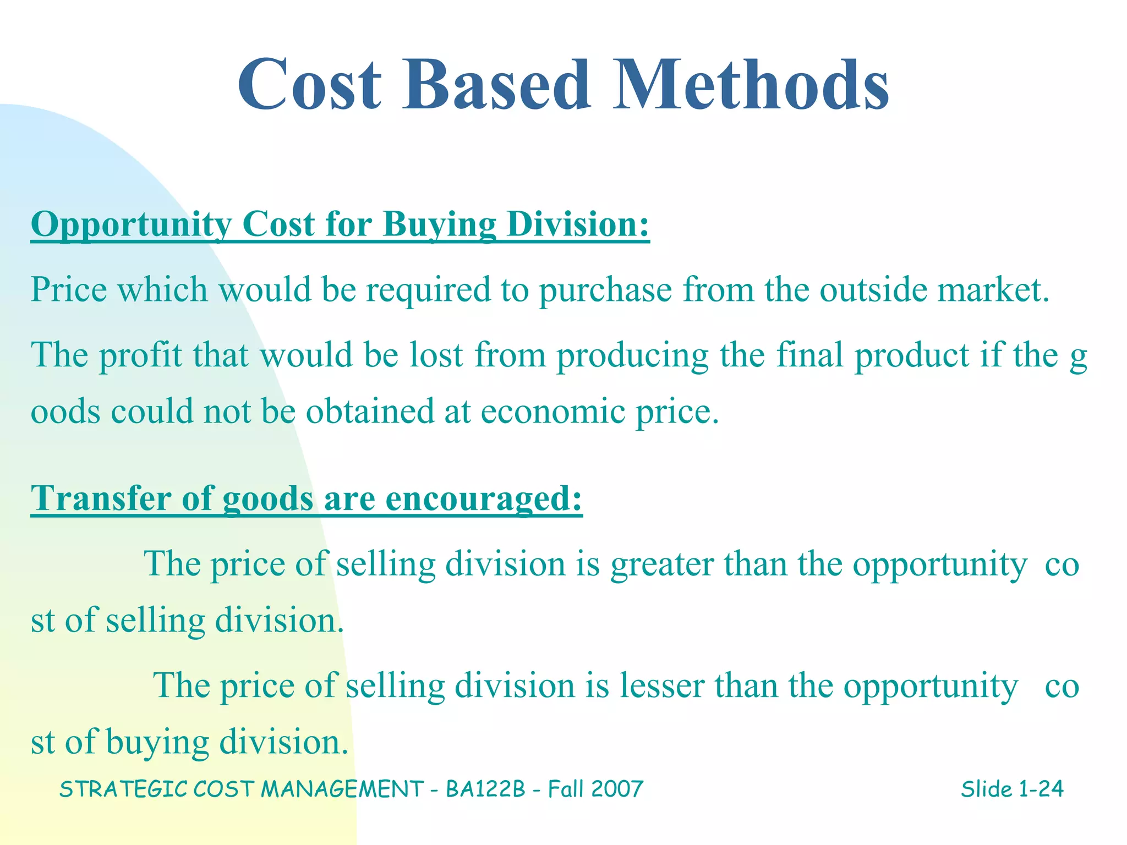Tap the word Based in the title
click(496, 85)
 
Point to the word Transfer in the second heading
click(101, 498)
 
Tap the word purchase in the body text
click(605, 290)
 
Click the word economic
click(552, 411)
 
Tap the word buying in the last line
click(157, 743)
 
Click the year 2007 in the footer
click(617, 789)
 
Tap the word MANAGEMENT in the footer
click(342, 789)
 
